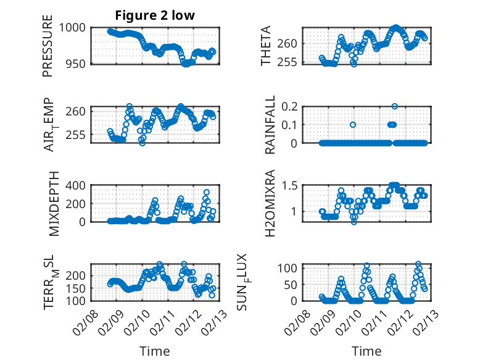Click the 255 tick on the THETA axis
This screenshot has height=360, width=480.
pyautogui.click(x=291, y=62)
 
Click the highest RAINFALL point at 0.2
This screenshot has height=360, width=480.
pyautogui.click(x=395, y=106)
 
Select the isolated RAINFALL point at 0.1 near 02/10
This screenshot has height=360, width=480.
pyautogui.click(x=353, y=124)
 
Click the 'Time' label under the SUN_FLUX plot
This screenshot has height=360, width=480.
pyautogui.click(x=366, y=351)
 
